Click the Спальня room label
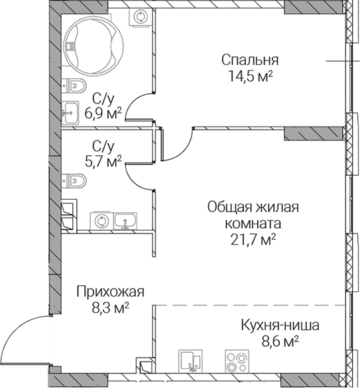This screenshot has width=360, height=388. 250,60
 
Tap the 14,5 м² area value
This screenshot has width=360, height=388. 250,76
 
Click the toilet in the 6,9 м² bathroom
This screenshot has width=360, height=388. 74,86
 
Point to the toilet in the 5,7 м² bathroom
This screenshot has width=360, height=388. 74,181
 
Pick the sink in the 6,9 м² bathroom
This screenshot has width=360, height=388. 70,113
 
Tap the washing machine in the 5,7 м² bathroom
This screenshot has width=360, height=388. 101,221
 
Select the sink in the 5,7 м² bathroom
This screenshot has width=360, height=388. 125,221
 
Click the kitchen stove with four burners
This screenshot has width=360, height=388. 237,361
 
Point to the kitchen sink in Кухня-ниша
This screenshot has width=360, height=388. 190,361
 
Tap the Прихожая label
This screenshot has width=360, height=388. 110,292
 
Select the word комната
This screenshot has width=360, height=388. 253,224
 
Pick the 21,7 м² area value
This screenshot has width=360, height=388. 253,239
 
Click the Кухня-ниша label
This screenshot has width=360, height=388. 280,326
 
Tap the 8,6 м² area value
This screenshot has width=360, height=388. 280,342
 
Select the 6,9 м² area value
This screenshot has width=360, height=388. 103,113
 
